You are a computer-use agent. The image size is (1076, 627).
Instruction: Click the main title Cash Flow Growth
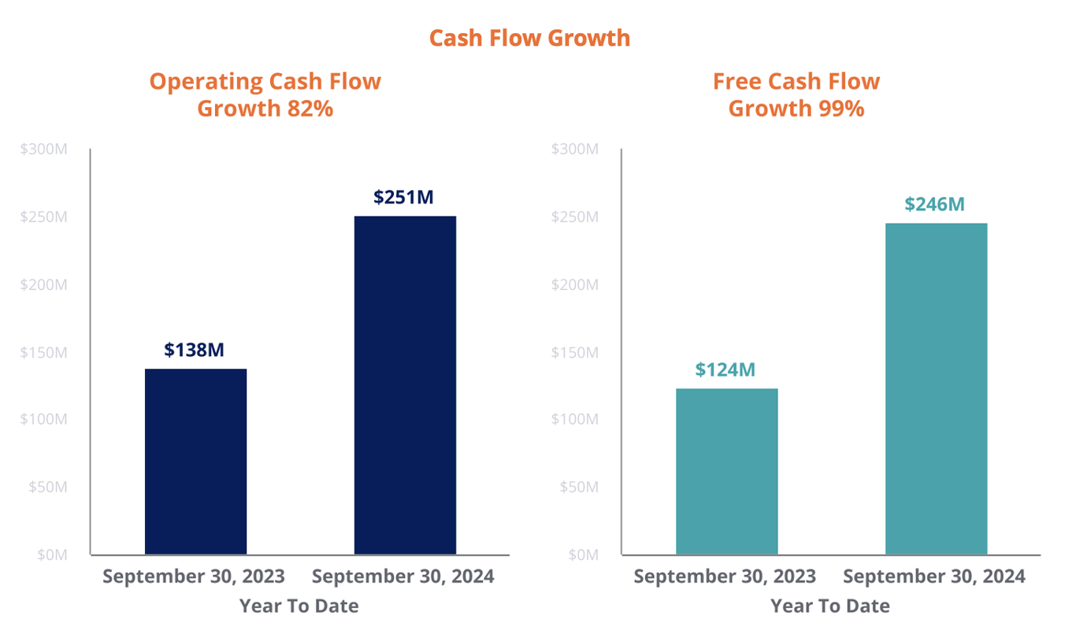529,38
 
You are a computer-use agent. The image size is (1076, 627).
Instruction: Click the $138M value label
194,350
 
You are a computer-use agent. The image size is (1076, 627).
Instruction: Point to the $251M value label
403,197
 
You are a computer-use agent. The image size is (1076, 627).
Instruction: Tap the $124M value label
725,369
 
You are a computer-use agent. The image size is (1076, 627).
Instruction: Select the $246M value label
934,204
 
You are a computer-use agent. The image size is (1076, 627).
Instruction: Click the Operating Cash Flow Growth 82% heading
265,95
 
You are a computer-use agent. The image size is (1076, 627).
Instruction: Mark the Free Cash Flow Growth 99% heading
796,95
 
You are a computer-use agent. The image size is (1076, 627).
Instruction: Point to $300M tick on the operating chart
44,149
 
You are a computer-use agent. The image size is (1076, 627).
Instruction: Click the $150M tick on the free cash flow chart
575,352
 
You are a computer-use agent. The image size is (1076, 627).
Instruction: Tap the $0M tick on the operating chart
51,555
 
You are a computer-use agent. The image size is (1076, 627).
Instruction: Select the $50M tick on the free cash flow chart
579,487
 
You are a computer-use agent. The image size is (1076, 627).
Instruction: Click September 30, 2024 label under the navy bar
403,577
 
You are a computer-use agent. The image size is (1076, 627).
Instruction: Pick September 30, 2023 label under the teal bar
725,577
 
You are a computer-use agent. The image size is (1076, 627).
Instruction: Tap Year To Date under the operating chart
299,606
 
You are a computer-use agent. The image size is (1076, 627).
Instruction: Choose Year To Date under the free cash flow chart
830,606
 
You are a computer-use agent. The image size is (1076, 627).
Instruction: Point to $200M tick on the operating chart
44,284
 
